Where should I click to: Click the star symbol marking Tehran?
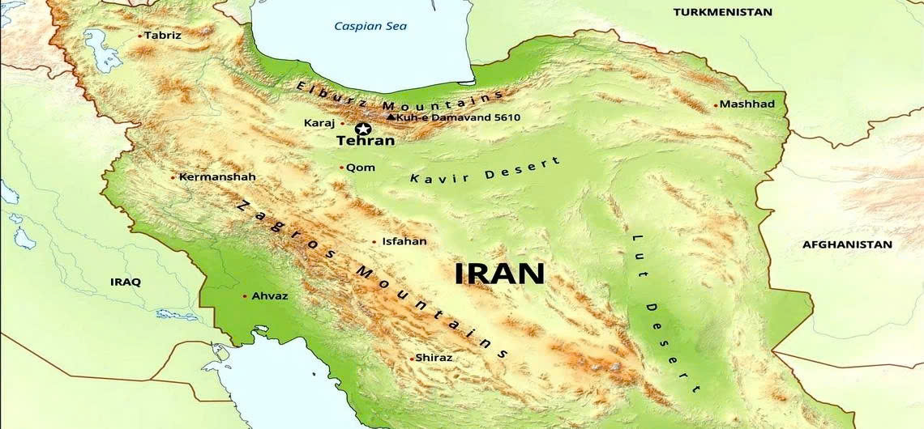(362, 128)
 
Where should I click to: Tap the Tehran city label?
(365, 141)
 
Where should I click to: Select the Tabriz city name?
(163, 35)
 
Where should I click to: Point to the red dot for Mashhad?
(716, 104)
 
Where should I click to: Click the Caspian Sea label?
(370, 26)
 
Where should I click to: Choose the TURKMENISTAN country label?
(723, 12)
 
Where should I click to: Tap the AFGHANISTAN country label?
(847, 244)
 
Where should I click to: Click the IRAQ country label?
(126, 282)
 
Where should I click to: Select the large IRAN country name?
(499, 273)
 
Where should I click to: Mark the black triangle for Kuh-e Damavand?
(391, 117)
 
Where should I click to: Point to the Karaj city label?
(319, 123)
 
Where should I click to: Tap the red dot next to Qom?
(341, 168)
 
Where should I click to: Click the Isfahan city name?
(404, 241)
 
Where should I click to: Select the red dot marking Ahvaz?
(245, 296)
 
